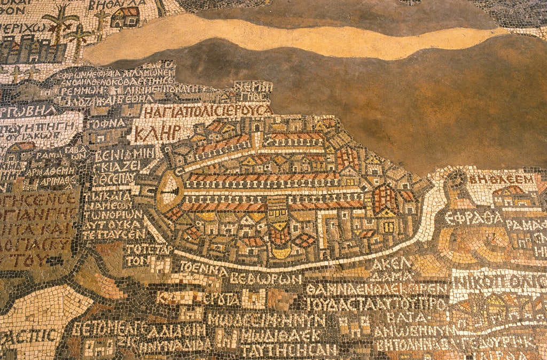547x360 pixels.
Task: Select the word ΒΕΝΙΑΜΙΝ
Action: pyautogui.click(x=124, y=156)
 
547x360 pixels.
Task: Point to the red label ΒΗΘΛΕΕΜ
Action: pyautogui.click(x=502, y=179)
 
